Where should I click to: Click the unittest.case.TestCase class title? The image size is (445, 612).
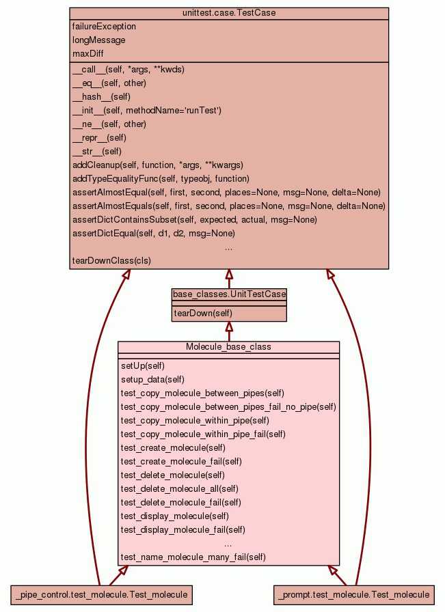click(229, 13)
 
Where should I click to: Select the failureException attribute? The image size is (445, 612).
click(104, 27)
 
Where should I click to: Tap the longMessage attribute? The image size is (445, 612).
click(98, 40)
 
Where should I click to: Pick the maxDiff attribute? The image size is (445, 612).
click(88, 54)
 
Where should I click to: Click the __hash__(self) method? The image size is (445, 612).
click(101, 97)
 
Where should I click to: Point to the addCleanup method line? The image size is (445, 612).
click(157, 165)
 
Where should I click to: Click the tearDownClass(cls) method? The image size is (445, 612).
click(111, 261)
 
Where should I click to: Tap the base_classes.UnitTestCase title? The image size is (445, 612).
click(229, 294)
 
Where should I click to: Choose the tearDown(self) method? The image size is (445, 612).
click(203, 314)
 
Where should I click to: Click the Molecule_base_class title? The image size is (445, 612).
click(228, 347)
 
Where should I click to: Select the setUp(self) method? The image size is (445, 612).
click(142, 366)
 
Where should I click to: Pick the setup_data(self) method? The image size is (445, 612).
click(152, 380)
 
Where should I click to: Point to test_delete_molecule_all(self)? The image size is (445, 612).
click(179, 489)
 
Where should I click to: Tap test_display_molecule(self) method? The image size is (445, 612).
click(174, 516)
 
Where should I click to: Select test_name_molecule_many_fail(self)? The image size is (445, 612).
click(193, 557)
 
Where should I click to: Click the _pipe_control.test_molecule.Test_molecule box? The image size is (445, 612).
click(101, 595)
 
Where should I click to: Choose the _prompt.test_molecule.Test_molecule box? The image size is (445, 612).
click(354, 595)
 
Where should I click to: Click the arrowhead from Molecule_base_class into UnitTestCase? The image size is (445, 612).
click(229, 326)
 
